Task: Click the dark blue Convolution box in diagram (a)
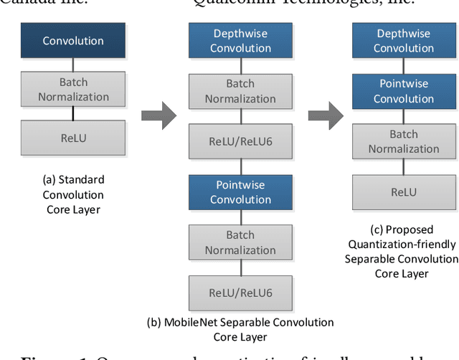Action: click(x=73, y=41)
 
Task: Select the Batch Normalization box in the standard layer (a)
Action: click(x=73, y=90)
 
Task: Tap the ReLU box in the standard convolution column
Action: click(x=73, y=138)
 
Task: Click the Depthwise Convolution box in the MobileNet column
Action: click(x=240, y=41)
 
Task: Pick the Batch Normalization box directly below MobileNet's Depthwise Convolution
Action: click(x=240, y=91)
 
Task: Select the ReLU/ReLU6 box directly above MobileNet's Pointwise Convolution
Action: click(x=240, y=141)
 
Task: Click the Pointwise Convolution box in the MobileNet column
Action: click(x=240, y=192)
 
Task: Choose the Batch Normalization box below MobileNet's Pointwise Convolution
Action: click(x=240, y=242)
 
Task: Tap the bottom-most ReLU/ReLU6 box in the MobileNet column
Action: click(x=240, y=293)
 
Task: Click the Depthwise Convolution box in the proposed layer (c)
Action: click(x=403, y=41)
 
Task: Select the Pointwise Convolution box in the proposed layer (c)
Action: click(x=403, y=91)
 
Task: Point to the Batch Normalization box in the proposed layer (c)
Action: click(x=403, y=141)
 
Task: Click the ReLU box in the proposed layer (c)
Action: click(x=403, y=192)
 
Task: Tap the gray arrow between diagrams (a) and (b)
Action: click(x=158, y=115)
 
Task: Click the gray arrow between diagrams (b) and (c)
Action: click(x=325, y=115)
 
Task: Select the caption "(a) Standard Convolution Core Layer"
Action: click(x=73, y=194)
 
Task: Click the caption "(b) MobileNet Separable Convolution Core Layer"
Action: click(x=240, y=329)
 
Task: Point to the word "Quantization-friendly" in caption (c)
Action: click(x=402, y=244)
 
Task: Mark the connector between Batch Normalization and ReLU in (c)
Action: click(x=403, y=167)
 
